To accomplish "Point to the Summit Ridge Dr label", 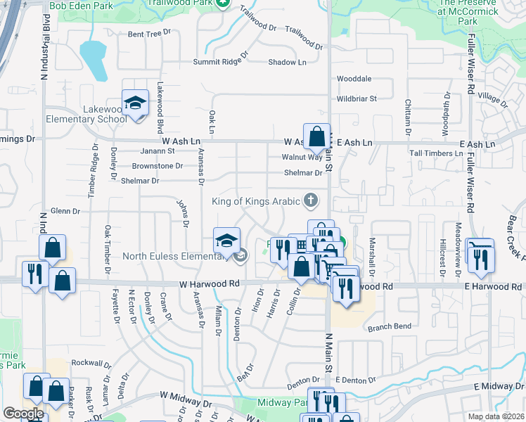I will click(222, 62).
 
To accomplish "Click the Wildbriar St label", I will click(357, 98).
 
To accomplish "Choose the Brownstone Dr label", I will click(158, 167).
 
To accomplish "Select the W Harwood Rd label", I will click(210, 284).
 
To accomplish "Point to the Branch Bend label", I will click(389, 327).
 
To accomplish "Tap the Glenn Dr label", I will click(65, 211).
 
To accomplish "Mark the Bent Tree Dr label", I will click(149, 33).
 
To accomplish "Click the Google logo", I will click(23, 414).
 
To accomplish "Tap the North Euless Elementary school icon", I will click(226, 242).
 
